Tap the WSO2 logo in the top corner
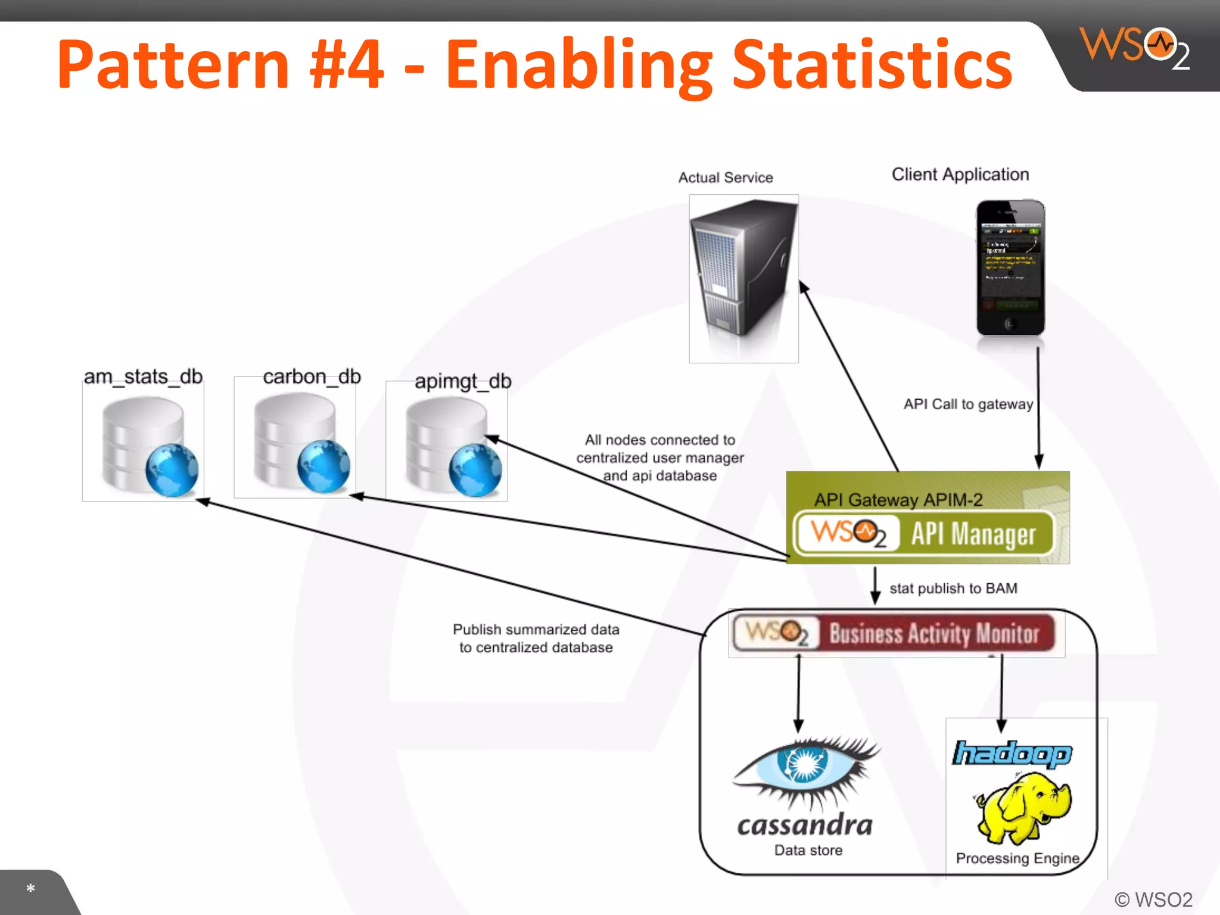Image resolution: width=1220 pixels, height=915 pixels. tap(1135, 48)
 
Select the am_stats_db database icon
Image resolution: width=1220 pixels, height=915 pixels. tap(143, 444)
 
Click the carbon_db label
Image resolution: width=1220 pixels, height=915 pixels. tap(312, 376)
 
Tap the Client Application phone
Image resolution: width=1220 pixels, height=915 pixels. tap(1010, 268)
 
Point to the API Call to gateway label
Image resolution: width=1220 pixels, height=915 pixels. tap(968, 404)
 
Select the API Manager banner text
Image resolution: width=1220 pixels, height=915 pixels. tap(973, 534)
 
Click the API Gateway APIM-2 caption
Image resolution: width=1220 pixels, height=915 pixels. tap(898, 499)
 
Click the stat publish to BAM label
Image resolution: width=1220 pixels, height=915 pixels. tap(953, 588)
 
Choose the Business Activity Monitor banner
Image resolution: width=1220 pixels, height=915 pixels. tap(933, 633)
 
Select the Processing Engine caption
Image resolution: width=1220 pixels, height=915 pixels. tap(1017, 858)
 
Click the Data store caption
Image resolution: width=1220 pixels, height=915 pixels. tap(808, 850)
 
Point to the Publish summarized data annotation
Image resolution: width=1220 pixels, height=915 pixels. tap(536, 638)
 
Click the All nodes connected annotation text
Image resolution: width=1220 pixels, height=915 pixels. tap(659, 457)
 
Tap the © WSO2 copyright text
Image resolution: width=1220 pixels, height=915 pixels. tap(1153, 899)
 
